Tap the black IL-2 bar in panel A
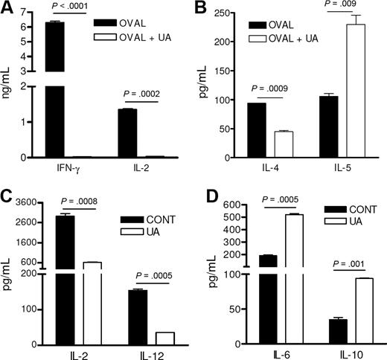[129, 133]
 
